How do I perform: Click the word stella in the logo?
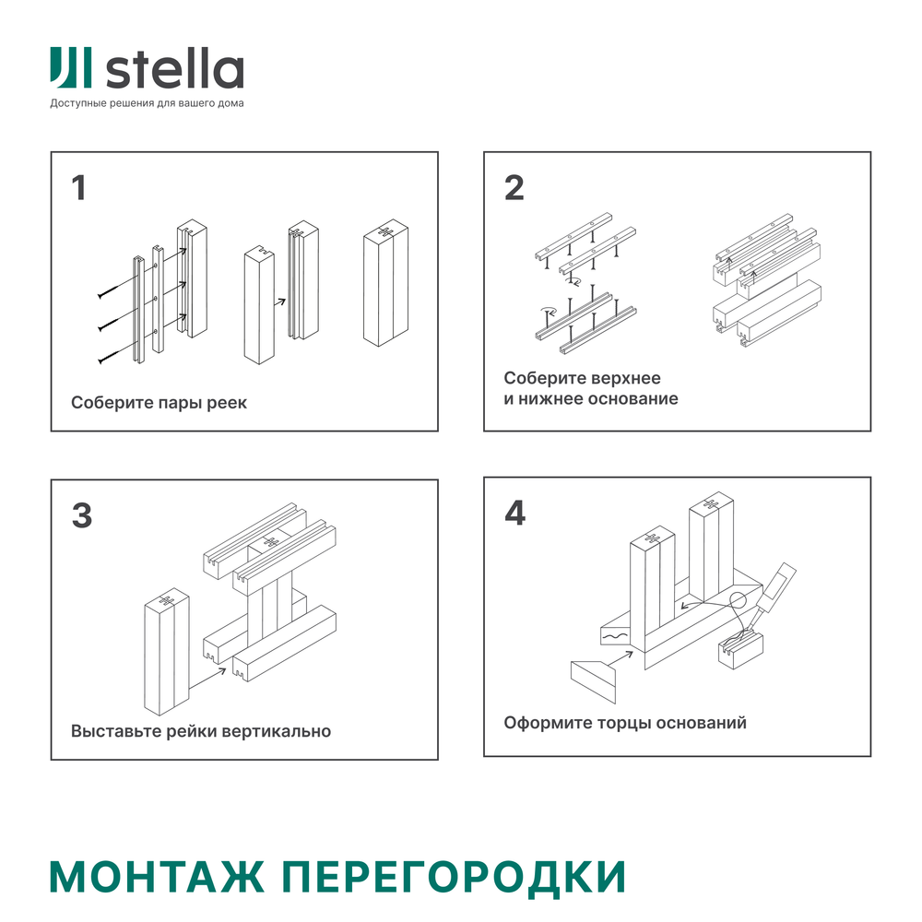click(175, 70)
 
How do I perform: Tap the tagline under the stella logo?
click(147, 103)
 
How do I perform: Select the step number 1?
click(79, 188)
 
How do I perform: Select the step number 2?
click(514, 188)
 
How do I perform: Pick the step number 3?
click(81, 515)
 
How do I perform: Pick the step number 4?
click(514, 514)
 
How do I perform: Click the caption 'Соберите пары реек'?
click(159, 403)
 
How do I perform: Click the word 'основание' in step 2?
click(632, 399)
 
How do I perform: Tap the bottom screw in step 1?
click(108, 354)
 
